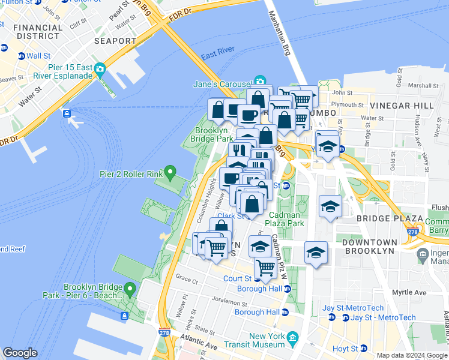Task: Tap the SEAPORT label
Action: coord(115,41)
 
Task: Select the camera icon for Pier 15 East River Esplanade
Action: coord(99,69)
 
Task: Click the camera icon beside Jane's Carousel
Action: coord(260,81)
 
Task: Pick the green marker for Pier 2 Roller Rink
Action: coord(170,174)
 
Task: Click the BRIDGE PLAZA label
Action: coord(383,218)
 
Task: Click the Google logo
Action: coord(20,353)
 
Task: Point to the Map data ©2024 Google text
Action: coord(411,355)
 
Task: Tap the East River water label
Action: coord(217,56)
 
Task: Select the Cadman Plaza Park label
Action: coord(287,219)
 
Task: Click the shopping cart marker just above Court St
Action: coord(265,267)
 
